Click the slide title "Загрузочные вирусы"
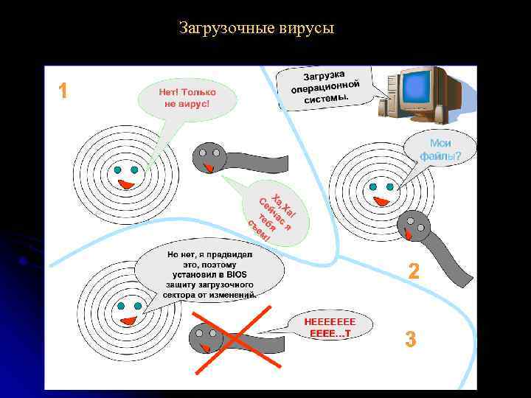click(x=257, y=29)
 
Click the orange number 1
click(x=63, y=91)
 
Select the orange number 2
click(x=414, y=272)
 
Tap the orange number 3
click(x=411, y=340)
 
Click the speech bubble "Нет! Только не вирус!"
click(x=187, y=99)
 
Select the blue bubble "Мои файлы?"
click(x=440, y=150)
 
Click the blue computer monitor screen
click(x=417, y=89)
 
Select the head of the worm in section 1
click(x=208, y=157)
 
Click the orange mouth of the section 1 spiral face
click(x=126, y=184)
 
